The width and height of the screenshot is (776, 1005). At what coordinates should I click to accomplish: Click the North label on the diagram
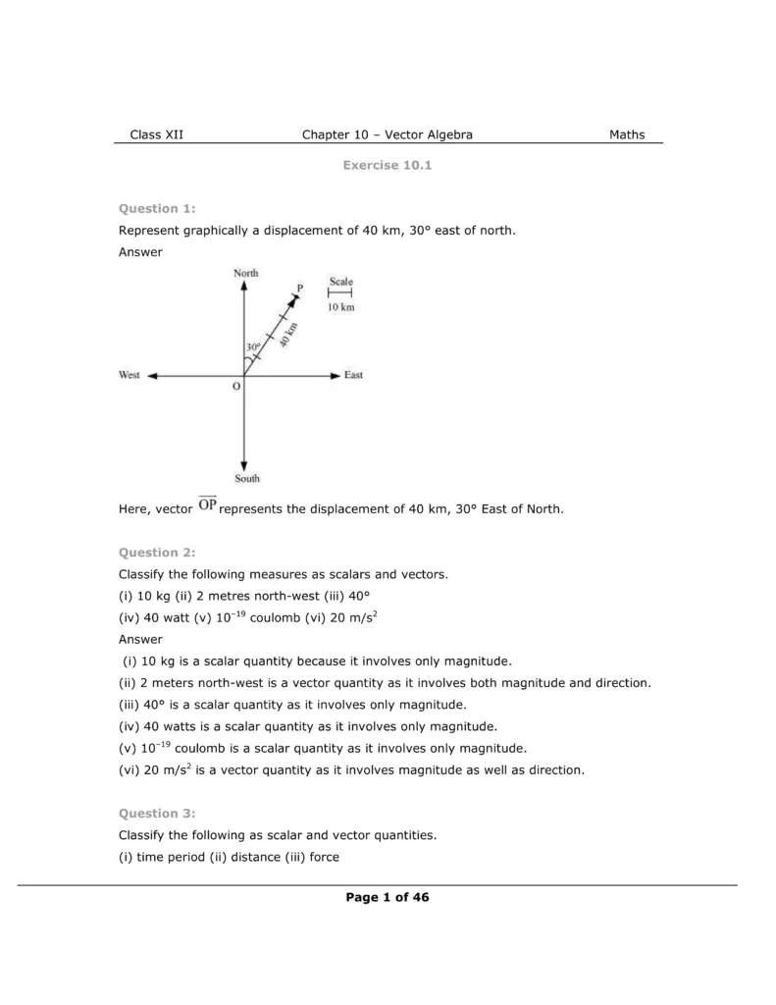(x=245, y=273)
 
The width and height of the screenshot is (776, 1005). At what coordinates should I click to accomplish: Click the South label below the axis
(x=247, y=478)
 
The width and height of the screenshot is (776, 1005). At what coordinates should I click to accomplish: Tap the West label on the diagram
(x=129, y=375)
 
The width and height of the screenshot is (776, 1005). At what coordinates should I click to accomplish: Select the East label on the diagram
(x=353, y=375)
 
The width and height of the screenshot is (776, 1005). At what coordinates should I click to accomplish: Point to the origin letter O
(x=235, y=387)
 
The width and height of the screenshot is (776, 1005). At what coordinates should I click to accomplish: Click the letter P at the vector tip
(x=300, y=287)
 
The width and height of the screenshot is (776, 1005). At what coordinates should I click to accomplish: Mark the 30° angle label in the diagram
(x=253, y=347)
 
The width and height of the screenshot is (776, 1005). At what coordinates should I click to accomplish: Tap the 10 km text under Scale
(x=340, y=307)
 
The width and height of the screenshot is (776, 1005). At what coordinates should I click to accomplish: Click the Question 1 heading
(x=157, y=208)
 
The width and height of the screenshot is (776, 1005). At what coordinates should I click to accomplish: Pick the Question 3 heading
(x=157, y=813)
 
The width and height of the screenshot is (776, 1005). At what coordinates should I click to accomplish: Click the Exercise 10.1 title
(x=388, y=165)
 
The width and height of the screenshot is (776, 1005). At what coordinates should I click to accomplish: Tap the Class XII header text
(x=156, y=134)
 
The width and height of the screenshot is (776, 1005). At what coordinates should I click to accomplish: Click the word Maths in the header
(x=627, y=134)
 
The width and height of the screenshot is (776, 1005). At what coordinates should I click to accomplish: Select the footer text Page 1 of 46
(x=388, y=897)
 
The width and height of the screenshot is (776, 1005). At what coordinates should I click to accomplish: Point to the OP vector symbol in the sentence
(x=207, y=506)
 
